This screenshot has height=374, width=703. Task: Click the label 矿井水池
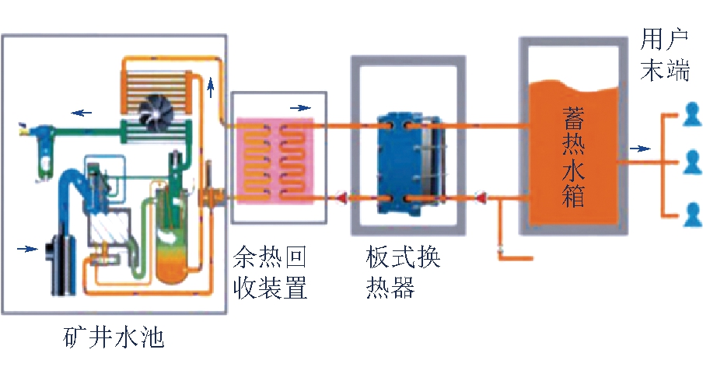(114, 338)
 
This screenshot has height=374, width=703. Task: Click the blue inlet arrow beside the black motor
(27, 249)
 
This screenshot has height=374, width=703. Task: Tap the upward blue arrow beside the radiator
(211, 88)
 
